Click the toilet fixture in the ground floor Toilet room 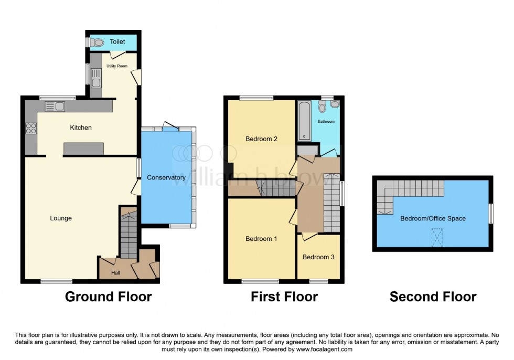click(98, 43)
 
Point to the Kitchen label click(81, 128)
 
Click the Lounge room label click(61, 218)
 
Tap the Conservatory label click(166, 177)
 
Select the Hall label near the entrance click(115, 273)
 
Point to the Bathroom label click(326, 121)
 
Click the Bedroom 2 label click(261, 139)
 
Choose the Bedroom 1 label click(261, 239)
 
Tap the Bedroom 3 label click(318, 257)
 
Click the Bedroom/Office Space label click(433, 218)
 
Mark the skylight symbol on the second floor click(437, 239)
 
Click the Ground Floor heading click(108, 297)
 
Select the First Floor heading click(284, 297)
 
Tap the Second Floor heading click(433, 297)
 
